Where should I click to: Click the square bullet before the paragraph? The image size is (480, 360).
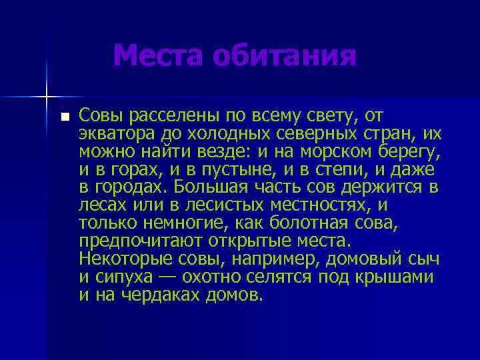pyautogui.click(x=65, y=117)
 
